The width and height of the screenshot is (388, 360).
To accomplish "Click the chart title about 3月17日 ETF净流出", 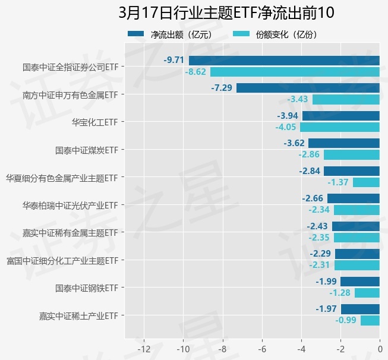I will click(x=226, y=12).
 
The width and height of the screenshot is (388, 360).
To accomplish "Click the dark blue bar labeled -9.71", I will click(x=284, y=60).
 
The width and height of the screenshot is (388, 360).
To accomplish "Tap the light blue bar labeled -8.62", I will click(x=295, y=72).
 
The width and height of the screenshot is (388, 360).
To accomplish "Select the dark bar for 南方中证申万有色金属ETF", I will click(x=308, y=88).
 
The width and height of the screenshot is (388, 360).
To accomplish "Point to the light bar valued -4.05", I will click(x=340, y=127).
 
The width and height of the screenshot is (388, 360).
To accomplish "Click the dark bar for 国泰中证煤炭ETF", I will click(x=344, y=143).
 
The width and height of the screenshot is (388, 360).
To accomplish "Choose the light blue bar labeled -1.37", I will click(x=366, y=182).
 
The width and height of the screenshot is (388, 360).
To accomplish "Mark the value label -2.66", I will click(x=313, y=198).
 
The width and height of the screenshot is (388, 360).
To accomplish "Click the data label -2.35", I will click(x=321, y=238).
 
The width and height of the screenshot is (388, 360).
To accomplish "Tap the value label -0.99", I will click(x=346, y=321).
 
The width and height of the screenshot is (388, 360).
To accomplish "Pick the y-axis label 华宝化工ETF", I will click(x=94, y=122).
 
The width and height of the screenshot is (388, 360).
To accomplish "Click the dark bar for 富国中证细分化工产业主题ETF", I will click(x=357, y=254).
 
